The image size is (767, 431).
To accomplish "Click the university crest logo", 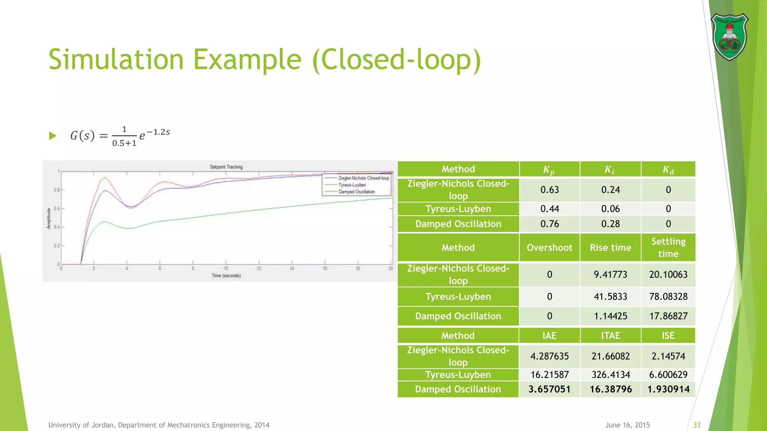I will tap(729, 37).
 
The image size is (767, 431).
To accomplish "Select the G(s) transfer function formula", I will tap(120, 135).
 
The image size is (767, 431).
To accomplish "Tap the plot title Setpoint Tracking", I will tap(226, 167).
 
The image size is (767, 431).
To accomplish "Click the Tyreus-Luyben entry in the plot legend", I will tap(352, 185).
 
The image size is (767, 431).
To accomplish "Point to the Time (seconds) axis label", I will tap(226, 276).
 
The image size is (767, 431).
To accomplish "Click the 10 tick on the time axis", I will tap(226, 269).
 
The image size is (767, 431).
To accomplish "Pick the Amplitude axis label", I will tap(49, 218).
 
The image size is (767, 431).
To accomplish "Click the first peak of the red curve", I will tap(104, 178).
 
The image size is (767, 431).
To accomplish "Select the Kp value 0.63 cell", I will tap(549, 190).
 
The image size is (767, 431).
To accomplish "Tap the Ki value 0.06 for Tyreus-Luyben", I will tap(610, 209).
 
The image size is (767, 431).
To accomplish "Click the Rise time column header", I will tap(610, 248).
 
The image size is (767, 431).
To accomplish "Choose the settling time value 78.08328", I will tap(668, 297).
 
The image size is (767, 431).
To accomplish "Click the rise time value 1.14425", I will tap(610, 316).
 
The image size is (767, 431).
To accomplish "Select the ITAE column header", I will tap(610, 336).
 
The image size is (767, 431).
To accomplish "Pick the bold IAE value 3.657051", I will tap(549, 389).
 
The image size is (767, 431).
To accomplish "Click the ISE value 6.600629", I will tap(668, 375).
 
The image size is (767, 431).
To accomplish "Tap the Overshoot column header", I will tap(549, 248).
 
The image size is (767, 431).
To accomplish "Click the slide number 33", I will tap(697, 425).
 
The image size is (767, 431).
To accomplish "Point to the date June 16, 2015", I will tap(627, 425).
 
